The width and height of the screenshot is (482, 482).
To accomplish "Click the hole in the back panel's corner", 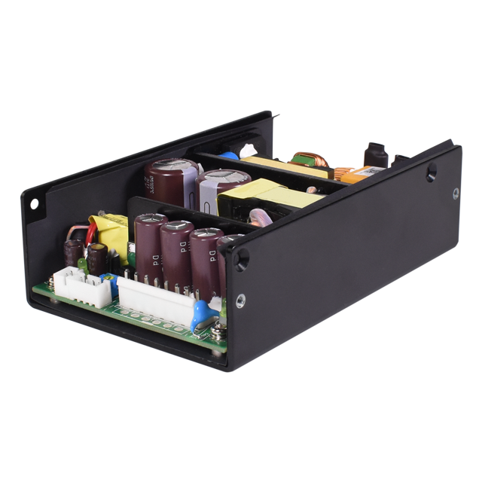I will (34, 203).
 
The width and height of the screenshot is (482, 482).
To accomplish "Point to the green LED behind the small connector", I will (82, 264).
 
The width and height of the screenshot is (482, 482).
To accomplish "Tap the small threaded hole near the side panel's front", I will (240, 301).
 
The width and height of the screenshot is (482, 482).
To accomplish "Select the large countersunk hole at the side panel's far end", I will (431, 173).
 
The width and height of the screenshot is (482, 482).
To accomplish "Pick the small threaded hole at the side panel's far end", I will (456, 194).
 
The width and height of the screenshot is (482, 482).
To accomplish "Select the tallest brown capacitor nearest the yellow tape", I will (149, 245).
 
